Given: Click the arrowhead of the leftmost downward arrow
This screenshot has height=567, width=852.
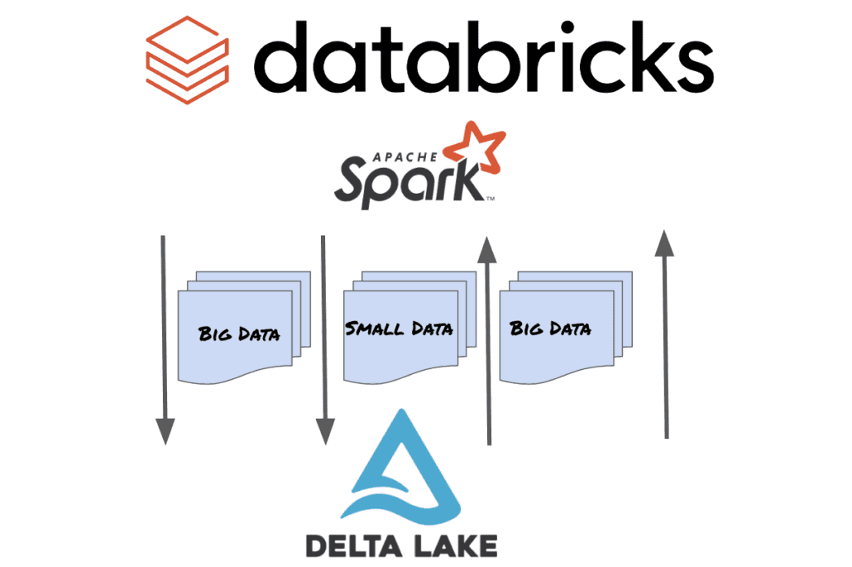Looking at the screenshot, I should [165, 430].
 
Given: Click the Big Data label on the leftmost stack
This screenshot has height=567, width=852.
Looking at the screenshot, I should [239, 334].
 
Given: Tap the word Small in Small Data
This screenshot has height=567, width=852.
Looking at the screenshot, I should [369, 329].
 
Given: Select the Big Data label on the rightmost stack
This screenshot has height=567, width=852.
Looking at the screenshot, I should [551, 329].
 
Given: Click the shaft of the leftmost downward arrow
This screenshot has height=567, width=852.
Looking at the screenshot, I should [164, 331].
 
